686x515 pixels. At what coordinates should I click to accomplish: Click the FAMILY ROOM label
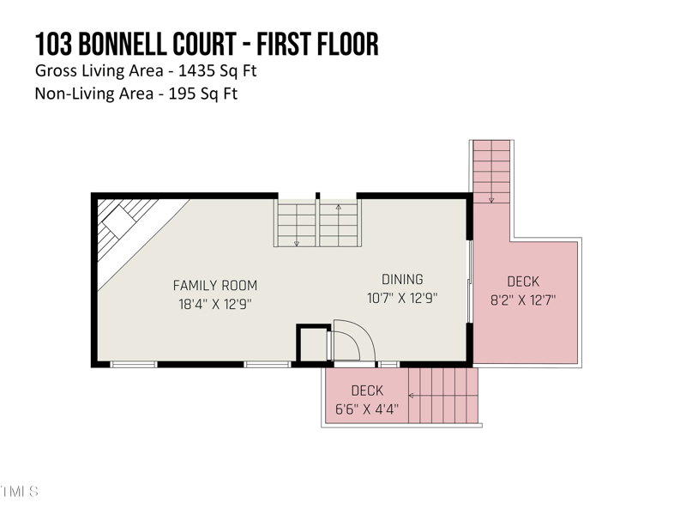(x=214, y=286)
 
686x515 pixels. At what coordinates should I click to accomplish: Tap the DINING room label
(x=402, y=279)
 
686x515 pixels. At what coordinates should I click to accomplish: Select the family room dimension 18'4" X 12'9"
(x=214, y=304)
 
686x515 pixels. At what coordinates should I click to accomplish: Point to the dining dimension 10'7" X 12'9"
(x=402, y=298)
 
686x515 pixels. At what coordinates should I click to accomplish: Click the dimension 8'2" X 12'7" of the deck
(x=523, y=300)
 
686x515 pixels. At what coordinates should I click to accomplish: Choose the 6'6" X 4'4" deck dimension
(x=367, y=409)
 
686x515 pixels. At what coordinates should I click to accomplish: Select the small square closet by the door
(x=312, y=345)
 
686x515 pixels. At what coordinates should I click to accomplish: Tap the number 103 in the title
(x=54, y=45)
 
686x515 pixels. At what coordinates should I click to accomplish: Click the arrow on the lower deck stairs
(x=412, y=396)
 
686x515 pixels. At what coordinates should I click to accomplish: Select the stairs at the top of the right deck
(x=491, y=172)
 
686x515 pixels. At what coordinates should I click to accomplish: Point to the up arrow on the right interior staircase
(x=339, y=209)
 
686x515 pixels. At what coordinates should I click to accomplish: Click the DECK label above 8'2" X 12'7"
(x=523, y=282)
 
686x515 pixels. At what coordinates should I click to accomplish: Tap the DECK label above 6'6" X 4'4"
(x=367, y=391)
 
